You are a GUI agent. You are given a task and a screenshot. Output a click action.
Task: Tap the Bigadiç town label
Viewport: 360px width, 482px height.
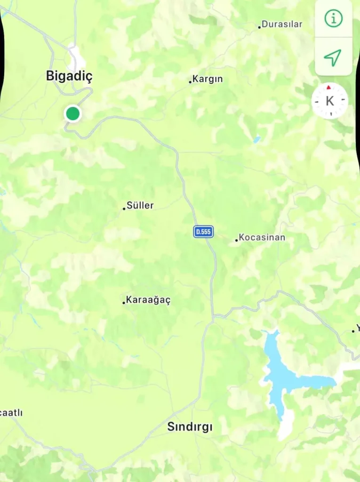point(69,76)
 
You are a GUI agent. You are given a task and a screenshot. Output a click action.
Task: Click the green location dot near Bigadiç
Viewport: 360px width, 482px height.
point(72,113)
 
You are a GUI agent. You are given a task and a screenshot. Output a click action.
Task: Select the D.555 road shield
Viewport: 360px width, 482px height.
point(203,232)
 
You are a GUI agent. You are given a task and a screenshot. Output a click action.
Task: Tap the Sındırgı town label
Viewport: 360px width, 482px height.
point(190,427)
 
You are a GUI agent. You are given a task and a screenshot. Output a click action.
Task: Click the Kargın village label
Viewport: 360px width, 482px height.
point(208,79)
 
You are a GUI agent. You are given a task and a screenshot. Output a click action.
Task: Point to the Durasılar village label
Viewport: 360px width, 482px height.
point(282,24)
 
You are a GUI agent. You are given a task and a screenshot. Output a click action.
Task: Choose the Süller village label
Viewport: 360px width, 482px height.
point(140,206)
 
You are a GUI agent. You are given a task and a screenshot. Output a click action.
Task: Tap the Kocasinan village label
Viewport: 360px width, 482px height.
point(262,237)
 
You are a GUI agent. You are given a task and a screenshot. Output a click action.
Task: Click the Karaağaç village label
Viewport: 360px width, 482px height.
point(148,300)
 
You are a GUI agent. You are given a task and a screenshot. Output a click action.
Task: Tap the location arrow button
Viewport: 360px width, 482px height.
point(333,57)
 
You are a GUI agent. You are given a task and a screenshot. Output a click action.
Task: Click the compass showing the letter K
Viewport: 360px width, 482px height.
point(330,101)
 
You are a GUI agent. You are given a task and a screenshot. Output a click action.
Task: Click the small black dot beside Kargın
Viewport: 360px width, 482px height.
point(190,81)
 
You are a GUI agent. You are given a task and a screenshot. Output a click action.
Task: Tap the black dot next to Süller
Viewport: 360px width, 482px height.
point(124,208)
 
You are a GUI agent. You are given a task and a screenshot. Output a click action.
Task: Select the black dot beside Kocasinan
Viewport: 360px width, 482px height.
point(237,240)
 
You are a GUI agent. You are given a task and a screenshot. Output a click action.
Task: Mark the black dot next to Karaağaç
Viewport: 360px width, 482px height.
point(124,303)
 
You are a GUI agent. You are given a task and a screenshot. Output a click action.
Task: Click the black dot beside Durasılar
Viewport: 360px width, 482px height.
point(259,27)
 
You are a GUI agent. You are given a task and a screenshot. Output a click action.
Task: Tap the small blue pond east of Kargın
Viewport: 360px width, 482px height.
point(256,139)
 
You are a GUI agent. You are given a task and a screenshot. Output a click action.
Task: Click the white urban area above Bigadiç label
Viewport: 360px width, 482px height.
point(76,57)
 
